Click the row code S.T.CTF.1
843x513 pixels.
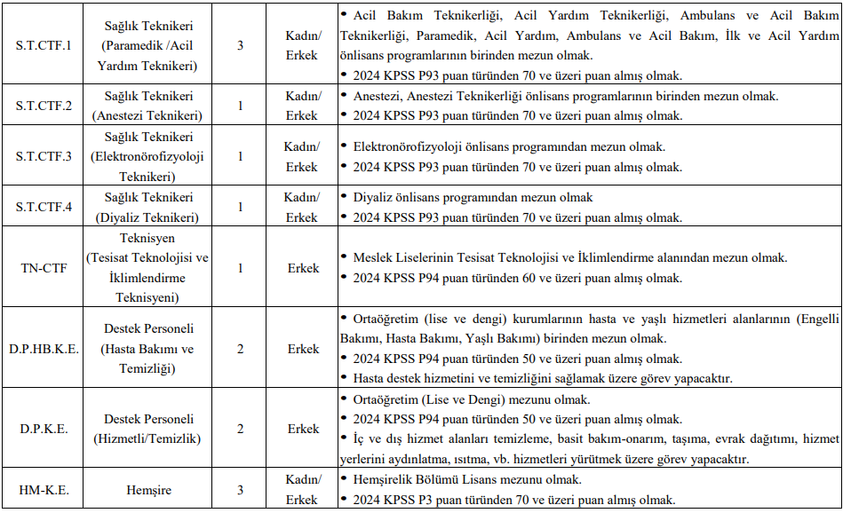click(x=44, y=45)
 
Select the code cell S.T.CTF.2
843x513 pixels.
click(x=44, y=106)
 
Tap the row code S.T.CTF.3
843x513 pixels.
click(x=44, y=156)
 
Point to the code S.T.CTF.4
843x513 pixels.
click(x=44, y=207)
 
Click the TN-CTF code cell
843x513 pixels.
click(x=44, y=267)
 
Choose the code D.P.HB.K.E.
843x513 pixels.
click(x=44, y=349)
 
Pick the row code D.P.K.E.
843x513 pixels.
click(x=44, y=429)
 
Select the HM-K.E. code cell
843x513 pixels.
click(x=44, y=490)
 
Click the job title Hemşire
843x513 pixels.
click(x=148, y=490)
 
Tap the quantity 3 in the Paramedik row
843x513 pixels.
click(x=240, y=45)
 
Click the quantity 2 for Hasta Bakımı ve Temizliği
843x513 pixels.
click(x=240, y=349)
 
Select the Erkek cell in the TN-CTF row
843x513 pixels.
click(x=302, y=267)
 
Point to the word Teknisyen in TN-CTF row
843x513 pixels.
click(x=148, y=238)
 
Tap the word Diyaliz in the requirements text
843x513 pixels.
click(x=373, y=198)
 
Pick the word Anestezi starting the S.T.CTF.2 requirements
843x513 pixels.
click(x=377, y=96)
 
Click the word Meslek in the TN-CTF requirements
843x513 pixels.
click(x=372, y=258)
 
